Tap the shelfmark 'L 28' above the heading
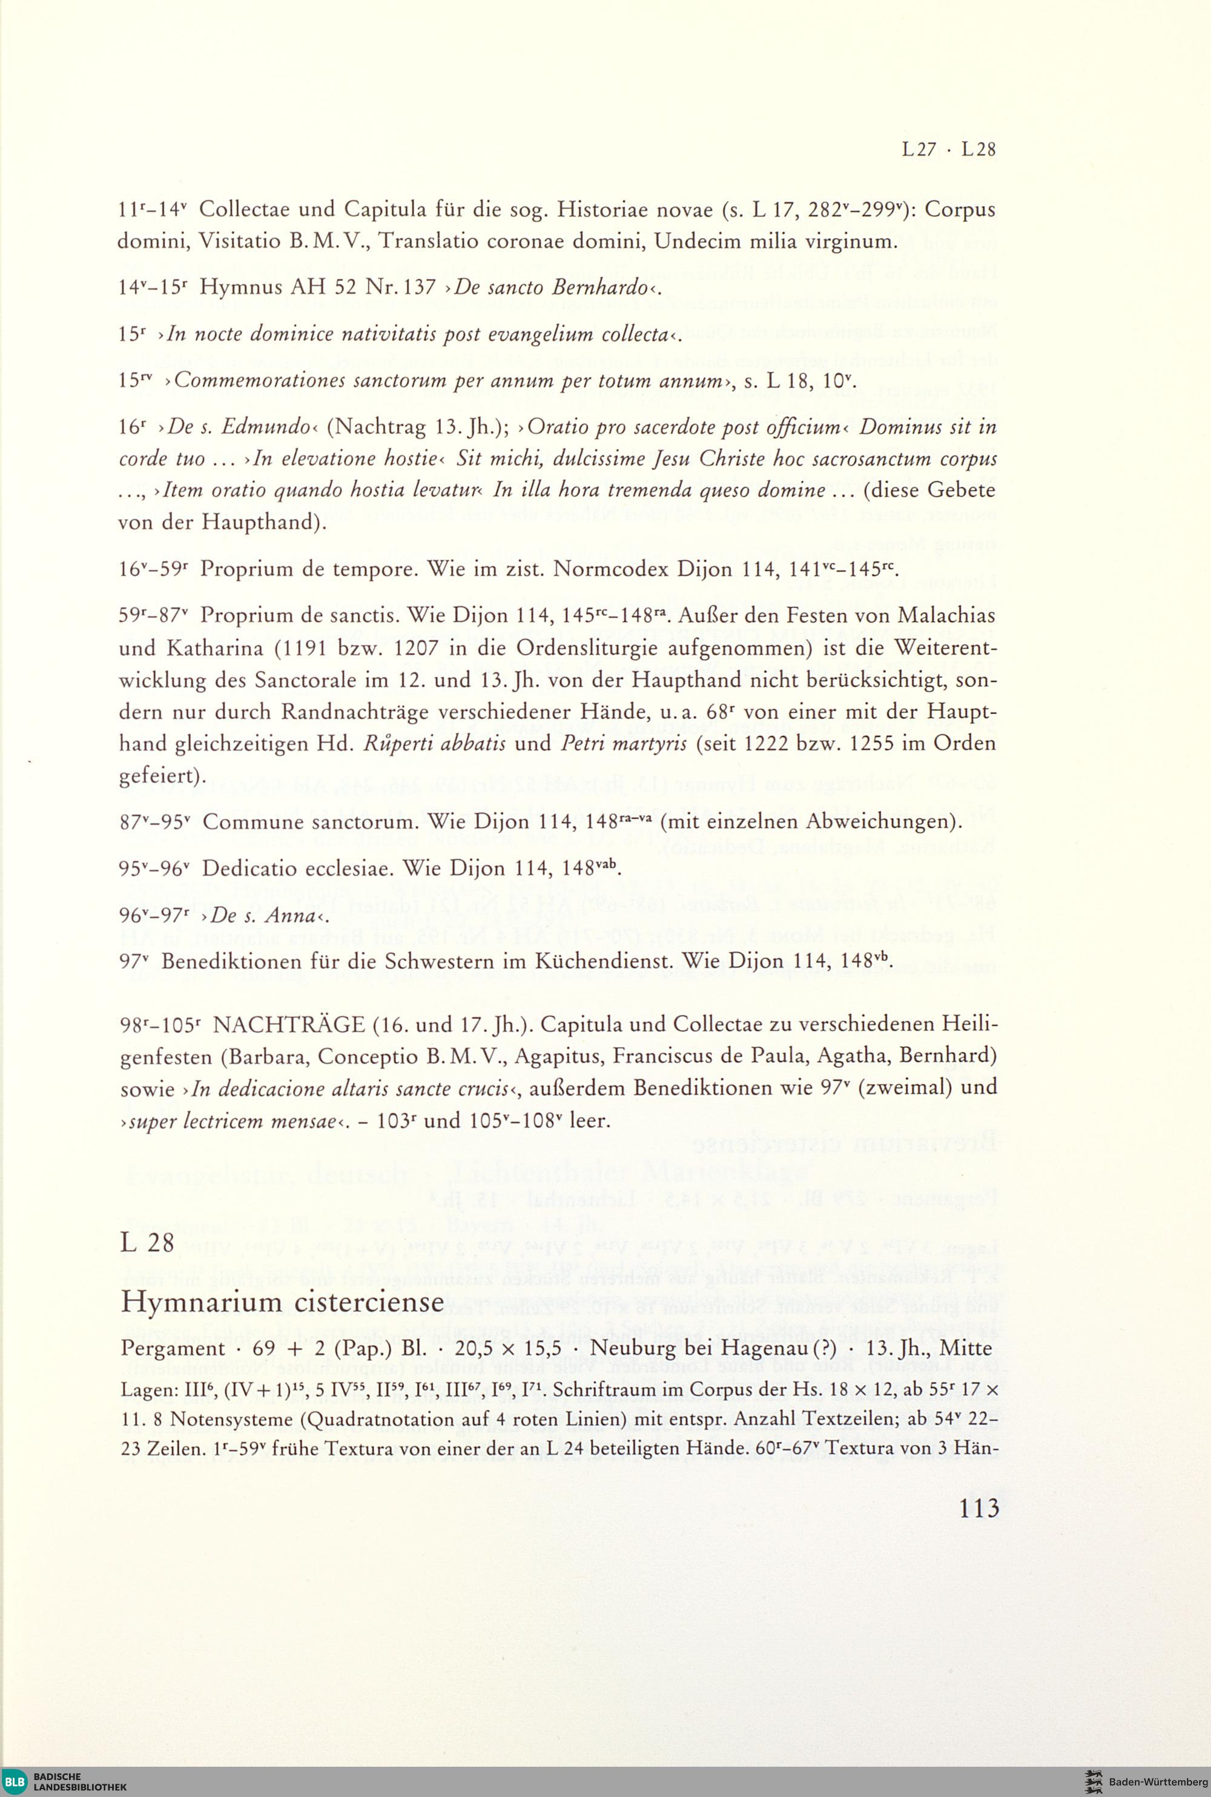point(148,1243)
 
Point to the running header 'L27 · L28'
point(948,150)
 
